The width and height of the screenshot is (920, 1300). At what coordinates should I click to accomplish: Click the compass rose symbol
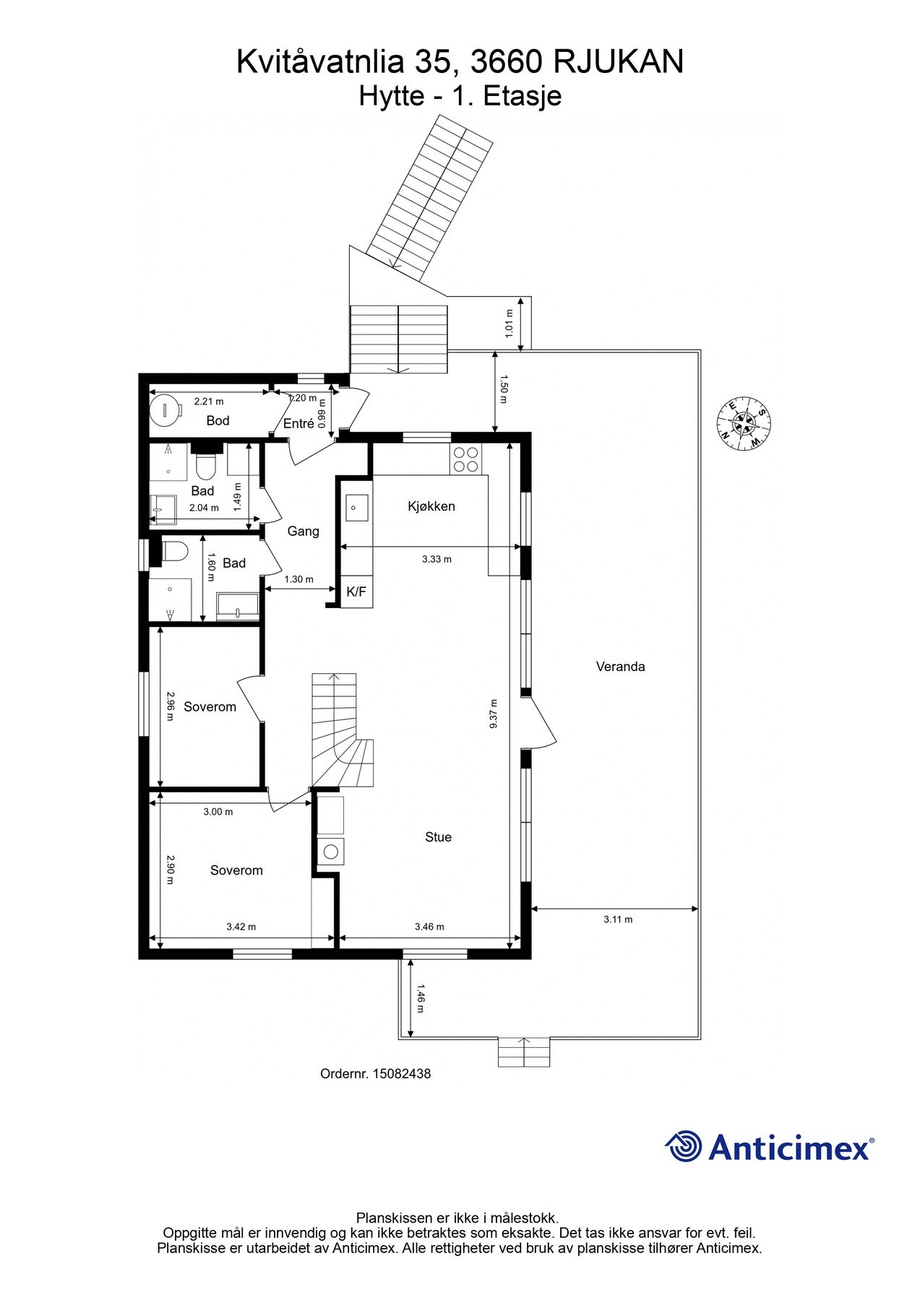743,423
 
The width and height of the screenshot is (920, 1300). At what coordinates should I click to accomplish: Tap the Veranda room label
620,667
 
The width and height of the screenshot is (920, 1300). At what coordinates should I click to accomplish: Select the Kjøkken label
431,506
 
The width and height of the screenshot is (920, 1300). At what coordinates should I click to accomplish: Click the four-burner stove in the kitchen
466,459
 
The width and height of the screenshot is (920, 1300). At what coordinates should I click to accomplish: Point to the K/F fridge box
356,592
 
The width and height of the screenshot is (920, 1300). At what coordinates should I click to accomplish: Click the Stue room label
438,837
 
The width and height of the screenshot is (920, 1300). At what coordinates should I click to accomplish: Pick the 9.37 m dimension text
494,714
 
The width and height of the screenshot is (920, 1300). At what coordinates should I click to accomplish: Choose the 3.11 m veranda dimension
618,919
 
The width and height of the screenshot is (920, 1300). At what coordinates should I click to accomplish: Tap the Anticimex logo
770,1147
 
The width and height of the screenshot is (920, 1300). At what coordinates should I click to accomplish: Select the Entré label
298,424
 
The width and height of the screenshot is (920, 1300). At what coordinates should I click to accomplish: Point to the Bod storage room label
218,420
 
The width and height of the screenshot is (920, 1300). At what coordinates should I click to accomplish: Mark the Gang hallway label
303,532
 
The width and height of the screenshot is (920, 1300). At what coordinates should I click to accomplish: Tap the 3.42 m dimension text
241,927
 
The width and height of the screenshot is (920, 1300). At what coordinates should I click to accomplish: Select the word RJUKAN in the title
618,62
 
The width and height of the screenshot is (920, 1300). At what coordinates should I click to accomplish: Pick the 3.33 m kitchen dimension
437,559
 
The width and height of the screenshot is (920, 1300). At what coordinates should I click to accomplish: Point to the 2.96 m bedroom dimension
171,706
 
